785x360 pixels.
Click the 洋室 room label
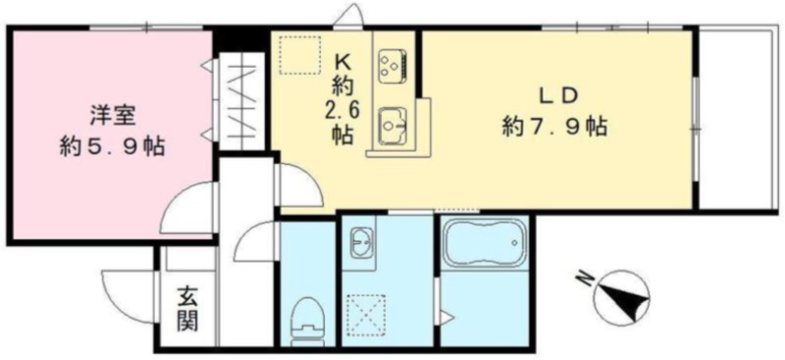pos(112,116)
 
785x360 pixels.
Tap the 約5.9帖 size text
pos(112,147)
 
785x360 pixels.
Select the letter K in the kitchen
pos(342,63)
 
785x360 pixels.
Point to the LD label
pos(554,95)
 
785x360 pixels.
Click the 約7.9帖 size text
pos(554,128)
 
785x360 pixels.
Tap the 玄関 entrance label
pos(186,309)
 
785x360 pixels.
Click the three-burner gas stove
pos(394,65)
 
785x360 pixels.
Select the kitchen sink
pos(394,126)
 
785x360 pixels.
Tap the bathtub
pos(485,243)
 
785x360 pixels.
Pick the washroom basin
pos(360,242)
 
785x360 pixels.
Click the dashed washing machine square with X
pos(366,314)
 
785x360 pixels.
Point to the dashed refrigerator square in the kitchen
pos(299,55)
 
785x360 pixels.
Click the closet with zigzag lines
pos(241,100)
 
